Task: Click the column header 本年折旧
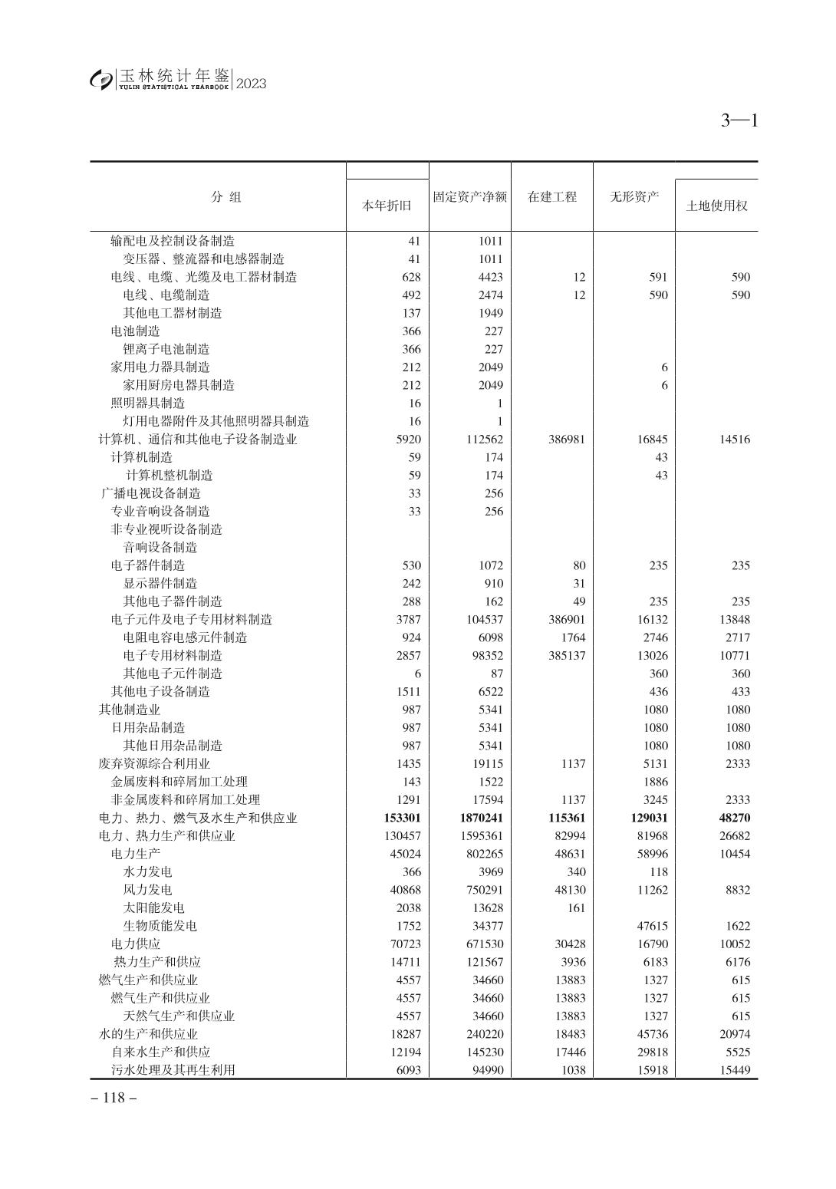pos(387,206)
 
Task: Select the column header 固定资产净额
pos(469,196)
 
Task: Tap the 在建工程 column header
pos(551,196)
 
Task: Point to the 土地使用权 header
pos(716,206)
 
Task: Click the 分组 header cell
pos(226,196)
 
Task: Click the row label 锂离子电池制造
pos(166,349)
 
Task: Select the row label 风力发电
pos(147,890)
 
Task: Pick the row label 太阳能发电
pos(153,907)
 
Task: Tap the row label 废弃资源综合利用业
pos(154,763)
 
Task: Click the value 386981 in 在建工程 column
pos(567,440)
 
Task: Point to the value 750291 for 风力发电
pos(482,890)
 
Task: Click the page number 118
pos(114,1098)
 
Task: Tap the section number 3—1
pos(739,120)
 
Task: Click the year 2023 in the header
pos(252,84)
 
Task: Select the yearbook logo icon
pos(100,79)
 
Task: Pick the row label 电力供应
pos(135,944)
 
